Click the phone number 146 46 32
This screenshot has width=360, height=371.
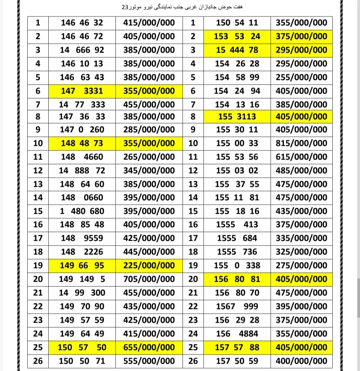[x=82, y=23]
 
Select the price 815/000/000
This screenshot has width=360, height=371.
[x=301, y=143]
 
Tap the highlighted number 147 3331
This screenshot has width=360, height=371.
[x=82, y=91]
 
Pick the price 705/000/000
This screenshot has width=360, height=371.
[x=149, y=279]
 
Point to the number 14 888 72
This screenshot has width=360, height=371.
[x=82, y=171]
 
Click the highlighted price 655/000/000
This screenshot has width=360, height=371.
[x=149, y=347]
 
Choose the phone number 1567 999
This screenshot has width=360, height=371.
[x=237, y=306]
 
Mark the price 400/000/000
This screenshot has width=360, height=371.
[x=301, y=361]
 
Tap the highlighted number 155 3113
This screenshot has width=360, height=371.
[x=237, y=117]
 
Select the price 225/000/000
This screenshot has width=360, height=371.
[x=149, y=265]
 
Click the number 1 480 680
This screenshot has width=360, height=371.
[x=82, y=211]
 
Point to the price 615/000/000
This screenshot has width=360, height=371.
[x=301, y=157]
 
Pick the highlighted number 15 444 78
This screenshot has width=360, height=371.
[x=237, y=50]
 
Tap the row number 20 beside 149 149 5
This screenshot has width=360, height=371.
[x=38, y=279]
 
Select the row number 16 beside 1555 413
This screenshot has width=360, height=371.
[x=193, y=224]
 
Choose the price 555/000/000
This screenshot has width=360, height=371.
[x=149, y=361]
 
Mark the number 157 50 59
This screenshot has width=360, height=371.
[x=237, y=361]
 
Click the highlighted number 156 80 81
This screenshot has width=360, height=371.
[x=237, y=279]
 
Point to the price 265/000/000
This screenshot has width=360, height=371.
[x=149, y=157]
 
